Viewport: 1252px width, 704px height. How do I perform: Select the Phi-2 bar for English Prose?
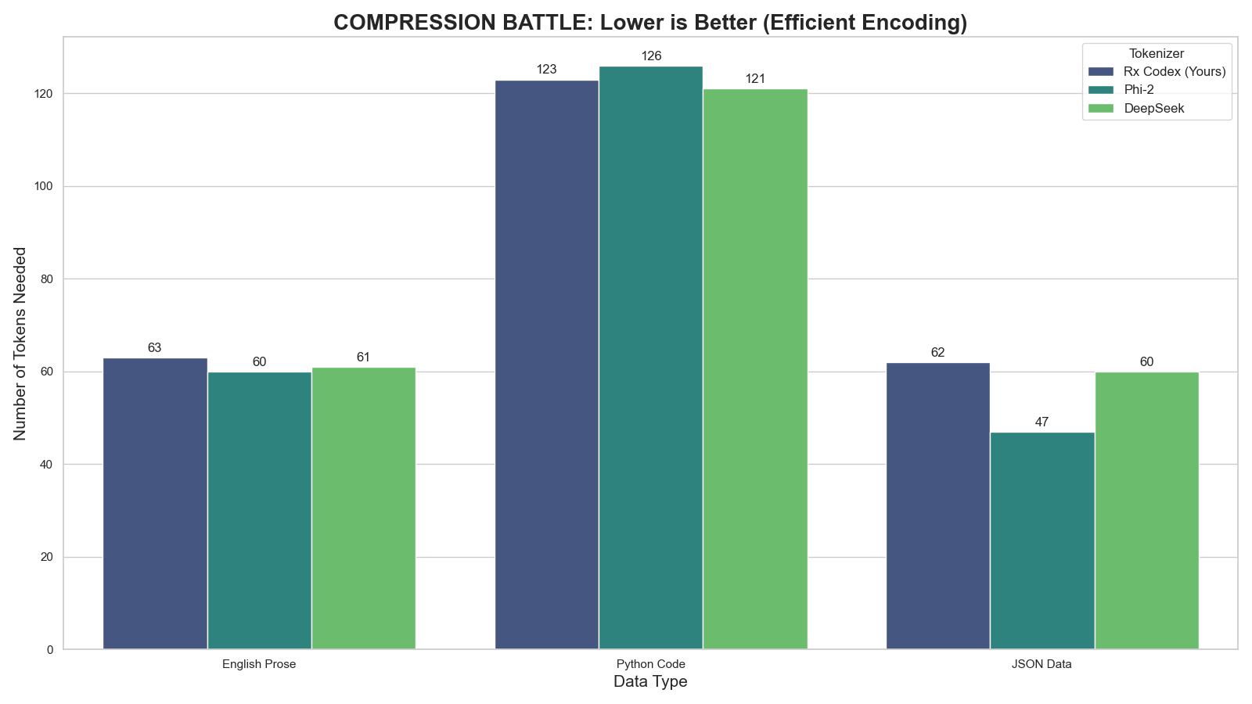(259, 510)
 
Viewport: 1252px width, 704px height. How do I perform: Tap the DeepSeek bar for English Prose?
(363, 508)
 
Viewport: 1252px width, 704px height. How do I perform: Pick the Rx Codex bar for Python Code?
(546, 365)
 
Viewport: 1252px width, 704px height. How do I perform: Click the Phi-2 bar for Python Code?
(651, 357)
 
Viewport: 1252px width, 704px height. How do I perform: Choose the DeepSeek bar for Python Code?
(755, 368)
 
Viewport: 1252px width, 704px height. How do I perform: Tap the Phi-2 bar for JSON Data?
(1042, 541)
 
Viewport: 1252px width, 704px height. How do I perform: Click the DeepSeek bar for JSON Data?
(1146, 510)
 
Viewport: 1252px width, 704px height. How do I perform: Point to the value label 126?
(651, 56)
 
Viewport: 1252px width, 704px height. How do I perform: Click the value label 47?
(1042, 422)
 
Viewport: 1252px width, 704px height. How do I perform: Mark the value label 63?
(155, 348)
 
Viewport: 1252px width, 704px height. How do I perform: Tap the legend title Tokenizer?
(1157, 53)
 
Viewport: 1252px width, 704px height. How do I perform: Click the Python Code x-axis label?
(651, 665)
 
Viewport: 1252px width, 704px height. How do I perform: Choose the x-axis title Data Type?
(650, 682)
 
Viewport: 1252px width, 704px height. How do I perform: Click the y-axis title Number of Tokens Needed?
(21, 343)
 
